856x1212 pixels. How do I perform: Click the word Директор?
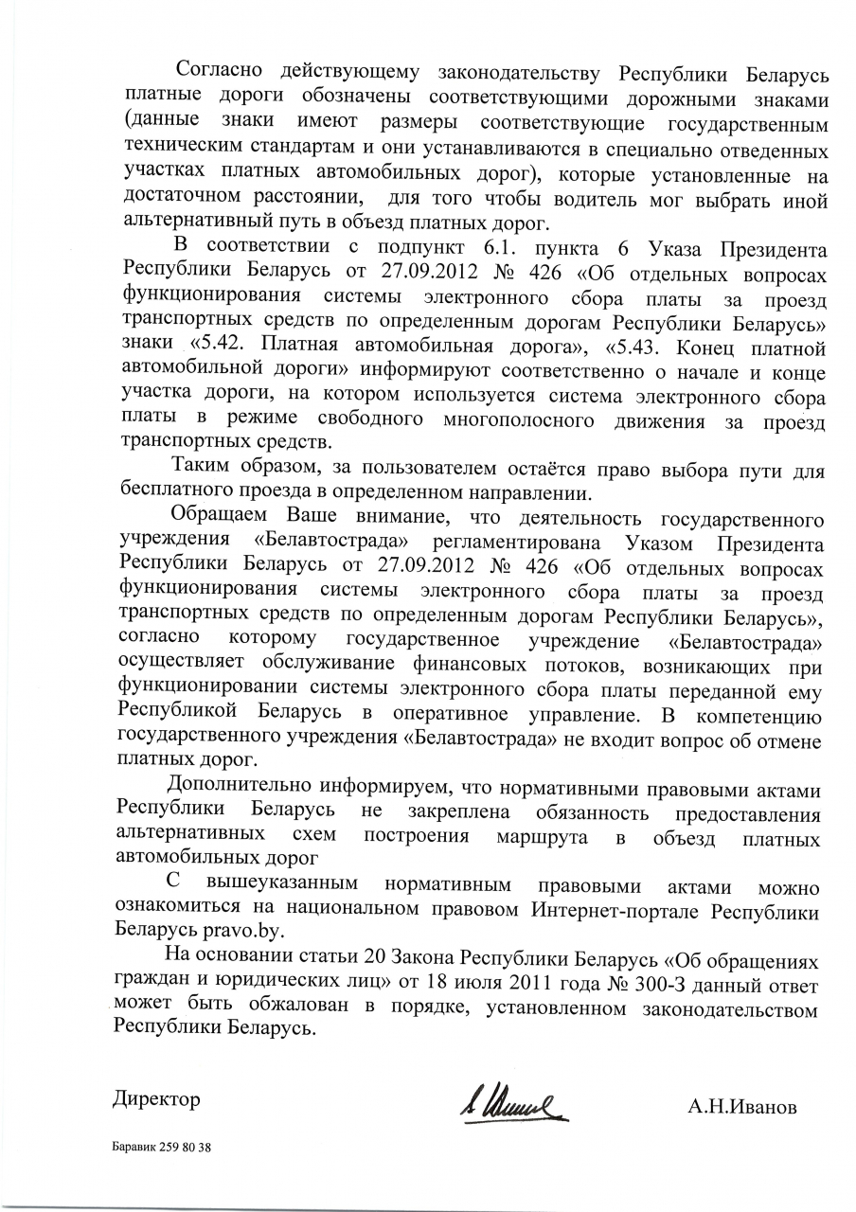[157, 1100]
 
